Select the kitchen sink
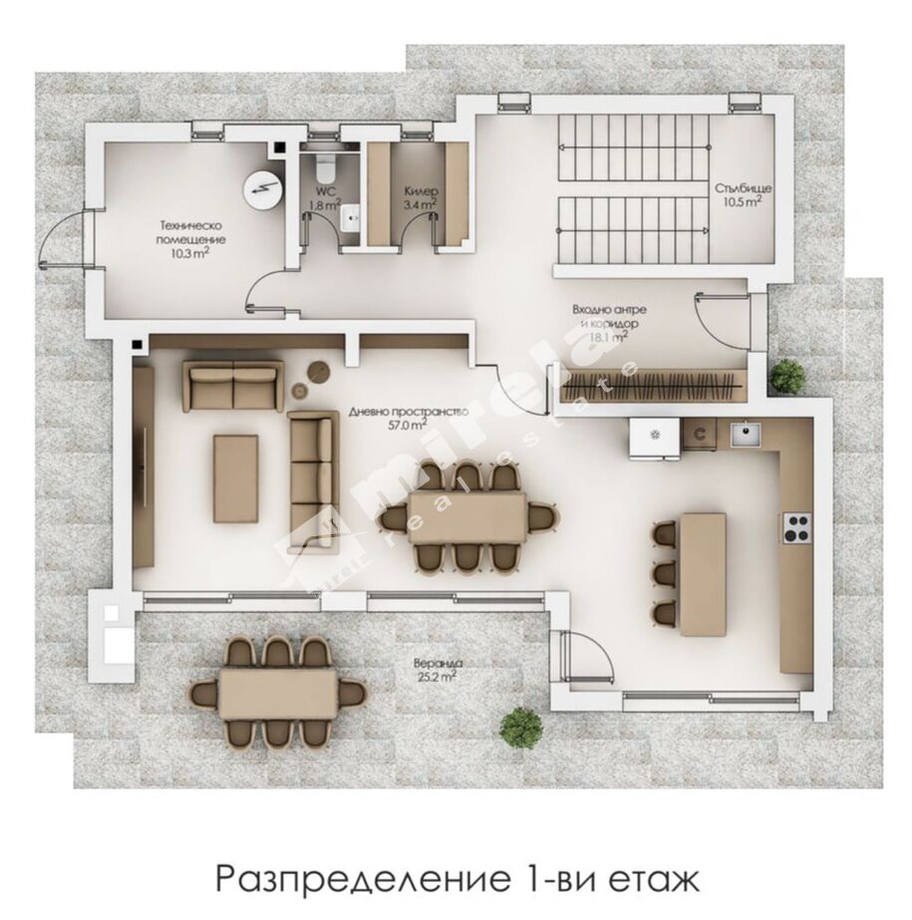click(x=746, y=434)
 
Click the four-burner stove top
click(x=797, y=527)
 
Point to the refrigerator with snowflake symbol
click(x=655, y=438)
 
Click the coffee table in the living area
click(x=236, y=478)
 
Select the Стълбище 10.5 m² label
click(x=743, y=194)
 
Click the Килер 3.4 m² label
click(x=421, y=197)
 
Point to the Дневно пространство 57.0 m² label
click(x=409, y=419)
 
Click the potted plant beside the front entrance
click(x=787, y=375)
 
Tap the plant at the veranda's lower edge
click(x=520, y=729)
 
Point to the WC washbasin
click(x=351, y=219)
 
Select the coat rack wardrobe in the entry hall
click(x=653, y=385)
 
